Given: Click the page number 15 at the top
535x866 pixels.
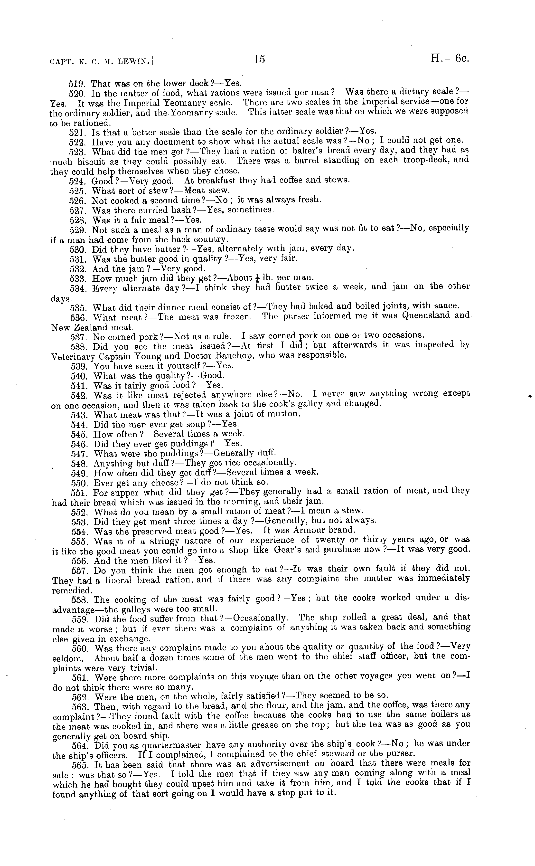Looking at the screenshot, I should coord(259,60).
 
